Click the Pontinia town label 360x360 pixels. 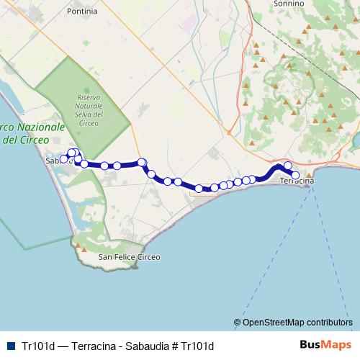pos(81,12)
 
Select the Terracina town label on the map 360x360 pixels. pos(297,183)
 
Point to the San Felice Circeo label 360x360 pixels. pos(130,257)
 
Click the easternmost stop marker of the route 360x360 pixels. pos(294,175)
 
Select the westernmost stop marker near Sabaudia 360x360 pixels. pos(64,158)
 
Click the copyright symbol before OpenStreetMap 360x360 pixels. pos(238,322)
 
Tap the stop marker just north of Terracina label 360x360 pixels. pos(288,166)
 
